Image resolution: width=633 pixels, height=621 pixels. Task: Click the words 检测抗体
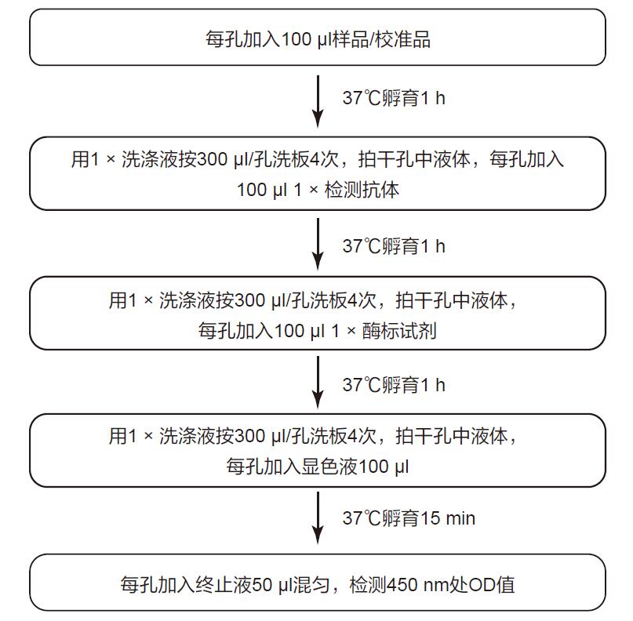click(x=362, y=190)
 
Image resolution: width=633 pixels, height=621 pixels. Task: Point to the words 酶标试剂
click(x=399, y=331)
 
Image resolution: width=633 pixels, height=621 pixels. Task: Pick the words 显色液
click(x=329, y=467)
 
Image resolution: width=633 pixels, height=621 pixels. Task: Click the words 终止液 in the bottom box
click(x=224, y=585)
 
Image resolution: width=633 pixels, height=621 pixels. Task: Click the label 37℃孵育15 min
click(x=409, y=518)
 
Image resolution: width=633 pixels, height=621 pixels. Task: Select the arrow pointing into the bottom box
click(x=318, y=518)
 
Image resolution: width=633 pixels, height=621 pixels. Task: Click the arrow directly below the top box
click(x=318, y=101)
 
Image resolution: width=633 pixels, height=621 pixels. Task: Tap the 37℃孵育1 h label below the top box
click(x=394, y=98)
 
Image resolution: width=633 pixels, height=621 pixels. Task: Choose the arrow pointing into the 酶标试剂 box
click(x=318, y=244)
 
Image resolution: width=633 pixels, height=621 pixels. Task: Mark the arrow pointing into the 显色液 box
click(x=318, y=382)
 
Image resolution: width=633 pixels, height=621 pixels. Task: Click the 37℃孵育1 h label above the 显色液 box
click(x=394, y=385)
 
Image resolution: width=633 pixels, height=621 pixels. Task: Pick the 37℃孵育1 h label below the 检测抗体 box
click(x=394, y=246)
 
